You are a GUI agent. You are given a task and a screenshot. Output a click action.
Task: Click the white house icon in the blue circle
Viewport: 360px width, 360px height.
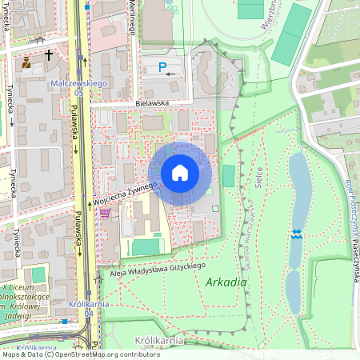click(180, 173)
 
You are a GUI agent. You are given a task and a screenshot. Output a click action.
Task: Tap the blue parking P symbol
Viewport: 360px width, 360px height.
click(163, 69)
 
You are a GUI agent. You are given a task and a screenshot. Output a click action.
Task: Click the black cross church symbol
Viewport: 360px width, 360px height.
click(50, 55)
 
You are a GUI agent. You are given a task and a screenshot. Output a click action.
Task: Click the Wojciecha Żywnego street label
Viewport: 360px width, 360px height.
click(123, 192)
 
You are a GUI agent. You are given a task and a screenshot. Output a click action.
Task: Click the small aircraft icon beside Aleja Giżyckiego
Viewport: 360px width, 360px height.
click(98, 275)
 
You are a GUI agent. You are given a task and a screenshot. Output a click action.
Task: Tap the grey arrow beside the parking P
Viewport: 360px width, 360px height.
click(170, 74)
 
